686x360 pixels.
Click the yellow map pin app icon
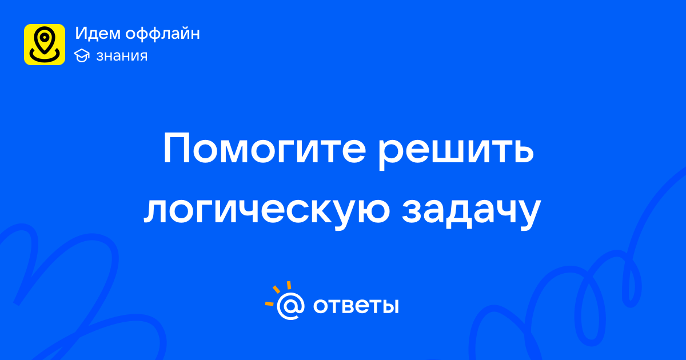point(45,45)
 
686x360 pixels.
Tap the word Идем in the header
point(98,34)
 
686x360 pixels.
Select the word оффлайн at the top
point(162,34)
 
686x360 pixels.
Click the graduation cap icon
point(82,55)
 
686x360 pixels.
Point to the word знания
point(122,56)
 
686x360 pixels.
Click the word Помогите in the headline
point(265,148)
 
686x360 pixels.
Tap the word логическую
point(267,211)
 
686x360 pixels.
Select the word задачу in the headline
point(472,213)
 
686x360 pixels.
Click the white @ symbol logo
point(290,306)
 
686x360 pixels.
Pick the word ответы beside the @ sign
point(356,306)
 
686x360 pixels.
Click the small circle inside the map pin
point(45,38)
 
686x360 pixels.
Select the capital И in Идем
point(82,33)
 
